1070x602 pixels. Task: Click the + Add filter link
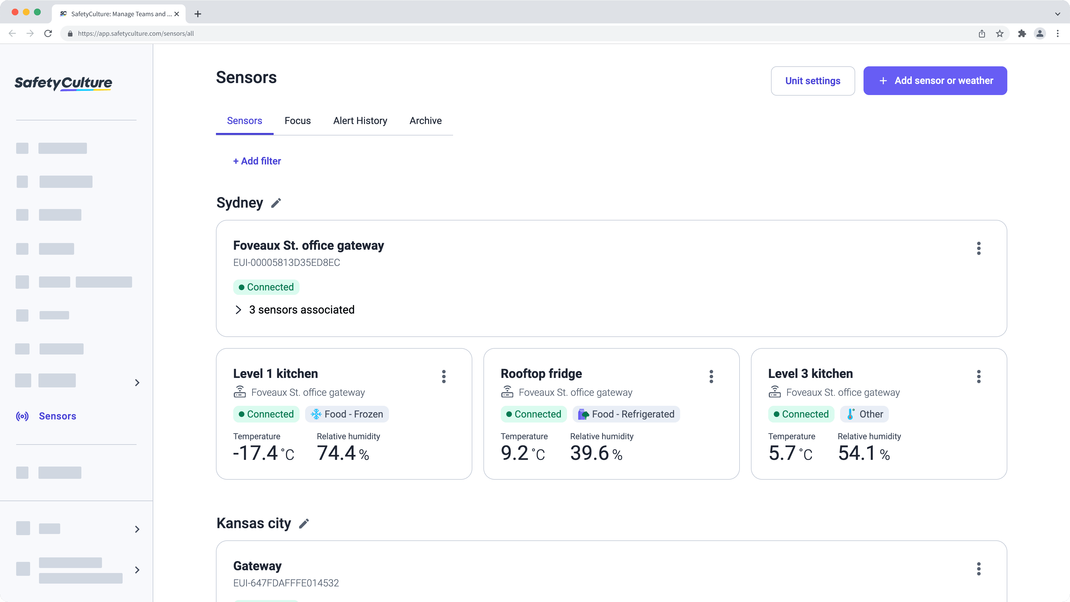point(257,161)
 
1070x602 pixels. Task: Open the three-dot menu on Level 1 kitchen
point(444,377)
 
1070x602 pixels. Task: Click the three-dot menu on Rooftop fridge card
point(711,377)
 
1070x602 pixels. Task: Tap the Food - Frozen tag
point(347,414)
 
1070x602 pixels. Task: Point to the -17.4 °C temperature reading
point(263,453)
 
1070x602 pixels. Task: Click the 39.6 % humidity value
point(596,453)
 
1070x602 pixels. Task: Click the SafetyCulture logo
point(63,83)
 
